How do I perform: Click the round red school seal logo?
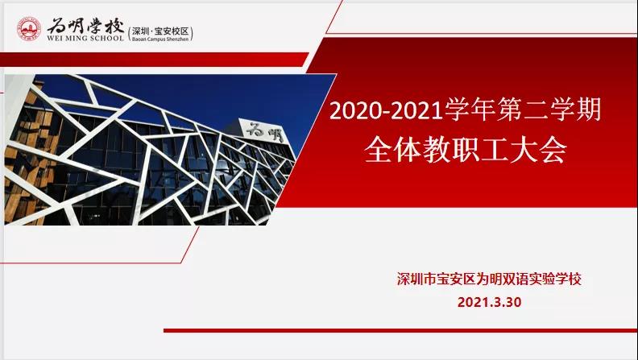(x=29, y=29)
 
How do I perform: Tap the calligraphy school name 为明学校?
(x=85, y=27)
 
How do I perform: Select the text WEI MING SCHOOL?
(x=85, y=38)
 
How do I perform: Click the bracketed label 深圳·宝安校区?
(x=160, y=31)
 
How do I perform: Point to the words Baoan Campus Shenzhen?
(x=160, y=39)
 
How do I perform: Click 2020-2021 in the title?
(x=386, y=110)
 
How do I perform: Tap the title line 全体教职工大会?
(x=465, y=151)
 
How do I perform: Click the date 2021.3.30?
(x=489, y=302)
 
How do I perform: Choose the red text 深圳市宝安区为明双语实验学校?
(x=489, y=279)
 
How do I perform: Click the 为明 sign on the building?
(x=264, y=131)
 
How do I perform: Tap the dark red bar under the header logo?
(x=154, y=60)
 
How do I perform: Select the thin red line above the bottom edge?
(x=400, y=331)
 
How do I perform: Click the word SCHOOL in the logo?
(x=108, y=38)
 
